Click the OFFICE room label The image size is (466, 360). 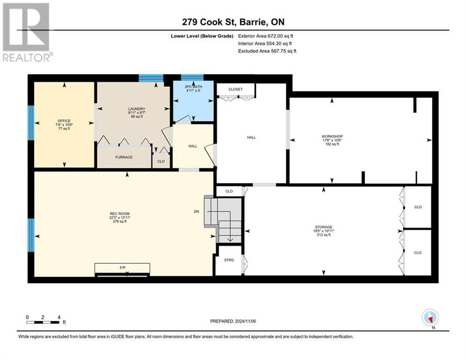[64, 121]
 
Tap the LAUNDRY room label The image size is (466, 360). [136, 109]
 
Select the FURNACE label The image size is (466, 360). [124, 157]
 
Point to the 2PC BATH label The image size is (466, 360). [193, 87]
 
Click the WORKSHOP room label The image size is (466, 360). [332, 136]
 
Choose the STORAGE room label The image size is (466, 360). [324, 227]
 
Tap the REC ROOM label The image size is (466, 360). [120, 214]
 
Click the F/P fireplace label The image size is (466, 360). [122, 268]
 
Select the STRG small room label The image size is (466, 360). [229, 260]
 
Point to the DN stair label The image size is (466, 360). [196, 211]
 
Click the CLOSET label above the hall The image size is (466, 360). [236, 89]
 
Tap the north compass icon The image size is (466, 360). [430, 318]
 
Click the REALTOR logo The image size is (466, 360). [27, 32]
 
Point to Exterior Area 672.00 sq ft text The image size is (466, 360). [266, 36]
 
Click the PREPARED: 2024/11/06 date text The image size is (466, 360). [233, 321]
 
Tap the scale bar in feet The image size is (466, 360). [43, 322]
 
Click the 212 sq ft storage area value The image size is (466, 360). [324, 235]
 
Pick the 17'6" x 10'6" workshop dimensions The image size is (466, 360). [332, 140]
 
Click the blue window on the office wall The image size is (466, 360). [31, 123]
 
